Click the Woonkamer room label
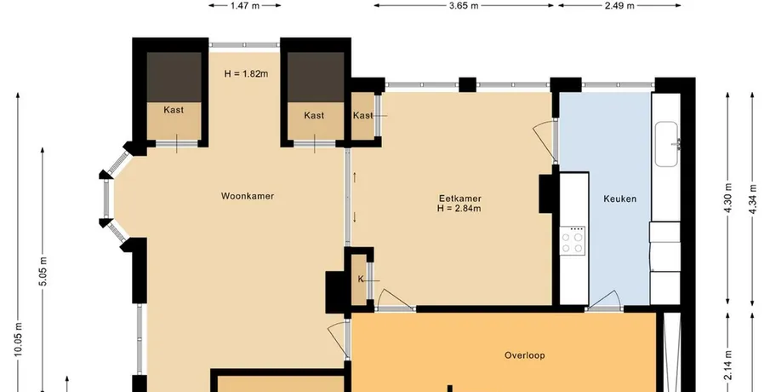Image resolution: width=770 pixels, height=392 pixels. (248, 196)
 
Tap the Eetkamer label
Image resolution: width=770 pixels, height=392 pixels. (460, 199)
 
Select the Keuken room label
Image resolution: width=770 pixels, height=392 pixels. (619, 199)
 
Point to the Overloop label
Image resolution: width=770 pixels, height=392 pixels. (524, 355)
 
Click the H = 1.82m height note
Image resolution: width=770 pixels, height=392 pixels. (247, 74)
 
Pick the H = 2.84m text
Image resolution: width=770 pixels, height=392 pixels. (459, 208)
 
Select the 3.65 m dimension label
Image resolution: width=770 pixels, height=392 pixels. (464, 6)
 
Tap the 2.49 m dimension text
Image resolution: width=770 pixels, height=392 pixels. (619, 6)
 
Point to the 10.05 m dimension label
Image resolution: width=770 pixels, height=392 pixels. (18, 339)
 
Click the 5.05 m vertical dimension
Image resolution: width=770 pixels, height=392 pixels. (43, 271)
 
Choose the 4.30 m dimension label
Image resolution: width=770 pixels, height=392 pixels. (727, 198)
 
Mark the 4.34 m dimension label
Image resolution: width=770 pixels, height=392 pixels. (752, 198)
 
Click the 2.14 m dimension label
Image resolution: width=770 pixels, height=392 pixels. (727, 365)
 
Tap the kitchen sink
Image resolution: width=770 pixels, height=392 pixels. (667, 144)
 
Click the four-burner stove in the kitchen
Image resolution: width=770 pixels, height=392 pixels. (573, 241)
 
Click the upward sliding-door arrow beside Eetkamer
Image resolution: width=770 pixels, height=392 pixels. (355, 177)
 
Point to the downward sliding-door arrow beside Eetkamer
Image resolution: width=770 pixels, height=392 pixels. (355, 217)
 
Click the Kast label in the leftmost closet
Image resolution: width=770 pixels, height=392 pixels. (174, 110)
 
